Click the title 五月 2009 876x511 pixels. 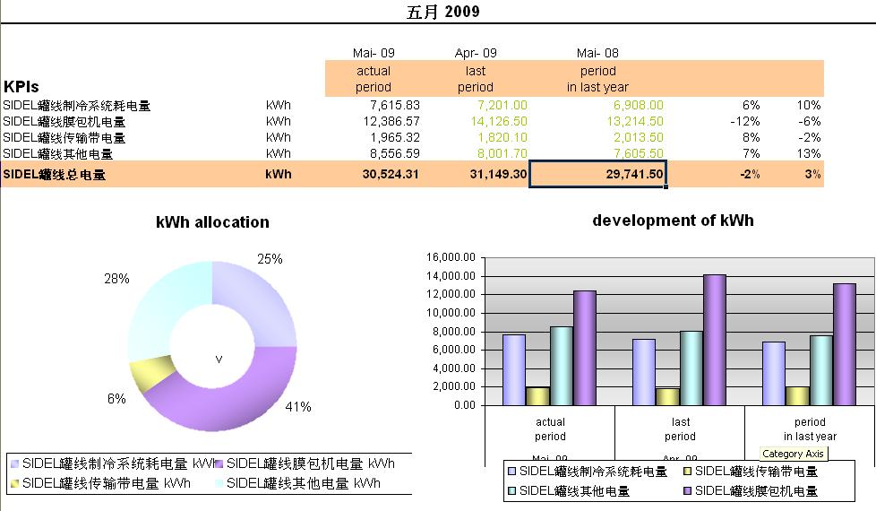coord(442,12)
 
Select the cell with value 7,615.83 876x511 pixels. coord(390,105)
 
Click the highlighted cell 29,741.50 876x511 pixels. coord(598,175)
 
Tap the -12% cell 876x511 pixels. coord(744,121)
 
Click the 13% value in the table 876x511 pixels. coord(810,153)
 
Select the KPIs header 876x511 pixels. coord(21,87)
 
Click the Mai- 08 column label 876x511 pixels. coord(597,53)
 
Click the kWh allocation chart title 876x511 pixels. coord(212,222)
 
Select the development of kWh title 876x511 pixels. coord(673,221)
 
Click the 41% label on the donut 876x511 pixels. coord(297,407)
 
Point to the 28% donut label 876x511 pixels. coord(116,279)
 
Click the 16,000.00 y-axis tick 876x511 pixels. coord(451,257)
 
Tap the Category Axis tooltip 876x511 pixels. coord(794,454)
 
